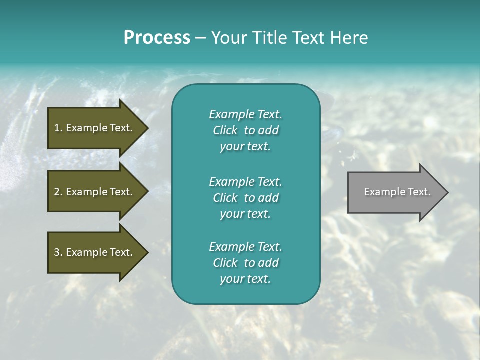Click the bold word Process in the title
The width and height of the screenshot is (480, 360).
coord(157,38)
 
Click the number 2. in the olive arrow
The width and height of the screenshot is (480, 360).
coord(58,192)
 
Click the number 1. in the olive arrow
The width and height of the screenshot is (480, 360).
coord(58,128)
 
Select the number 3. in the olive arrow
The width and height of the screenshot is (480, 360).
coord(58,252)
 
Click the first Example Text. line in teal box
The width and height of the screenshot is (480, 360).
coord(245,114)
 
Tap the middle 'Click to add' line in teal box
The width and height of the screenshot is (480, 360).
coord(245,198)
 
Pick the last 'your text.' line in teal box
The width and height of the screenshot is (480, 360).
coord(245,279)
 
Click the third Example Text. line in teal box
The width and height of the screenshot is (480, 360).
coord(245,247)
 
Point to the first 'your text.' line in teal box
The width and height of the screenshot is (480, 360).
coord(245,147)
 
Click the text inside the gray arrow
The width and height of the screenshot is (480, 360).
coord(397,192)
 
